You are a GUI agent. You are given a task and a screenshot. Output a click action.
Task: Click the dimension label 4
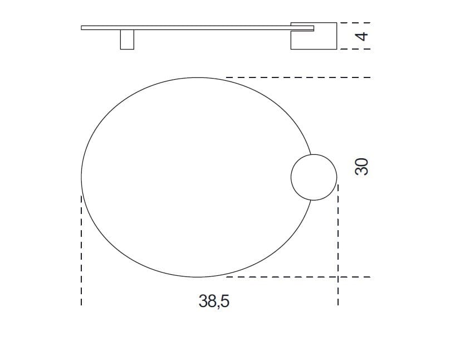[x=361, y=36]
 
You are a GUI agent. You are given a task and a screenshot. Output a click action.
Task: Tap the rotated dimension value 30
[x=361, y=167]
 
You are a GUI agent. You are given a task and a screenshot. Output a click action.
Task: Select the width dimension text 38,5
[x=214, y=301]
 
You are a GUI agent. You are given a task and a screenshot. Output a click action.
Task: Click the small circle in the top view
[x=314, y=177]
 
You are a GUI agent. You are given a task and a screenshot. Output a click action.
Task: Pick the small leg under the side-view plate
[x=127, y=40]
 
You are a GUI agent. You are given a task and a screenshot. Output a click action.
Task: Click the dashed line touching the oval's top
[x=298, y=77]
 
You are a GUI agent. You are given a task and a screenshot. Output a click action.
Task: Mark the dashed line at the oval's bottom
[x=298, y=276]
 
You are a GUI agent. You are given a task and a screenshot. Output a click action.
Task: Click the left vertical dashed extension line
[x=81, y=251]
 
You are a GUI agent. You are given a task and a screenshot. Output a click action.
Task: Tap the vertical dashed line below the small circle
[x=338, y=245]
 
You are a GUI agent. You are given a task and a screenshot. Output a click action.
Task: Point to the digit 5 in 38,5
[x=225, y=301]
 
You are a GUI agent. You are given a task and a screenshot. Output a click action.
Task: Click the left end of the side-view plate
[x=82, y=27]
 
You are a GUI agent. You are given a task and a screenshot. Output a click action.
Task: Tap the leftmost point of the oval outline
[x=81, y=177]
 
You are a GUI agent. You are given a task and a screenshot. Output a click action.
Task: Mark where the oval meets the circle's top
[x=310, y=154]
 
